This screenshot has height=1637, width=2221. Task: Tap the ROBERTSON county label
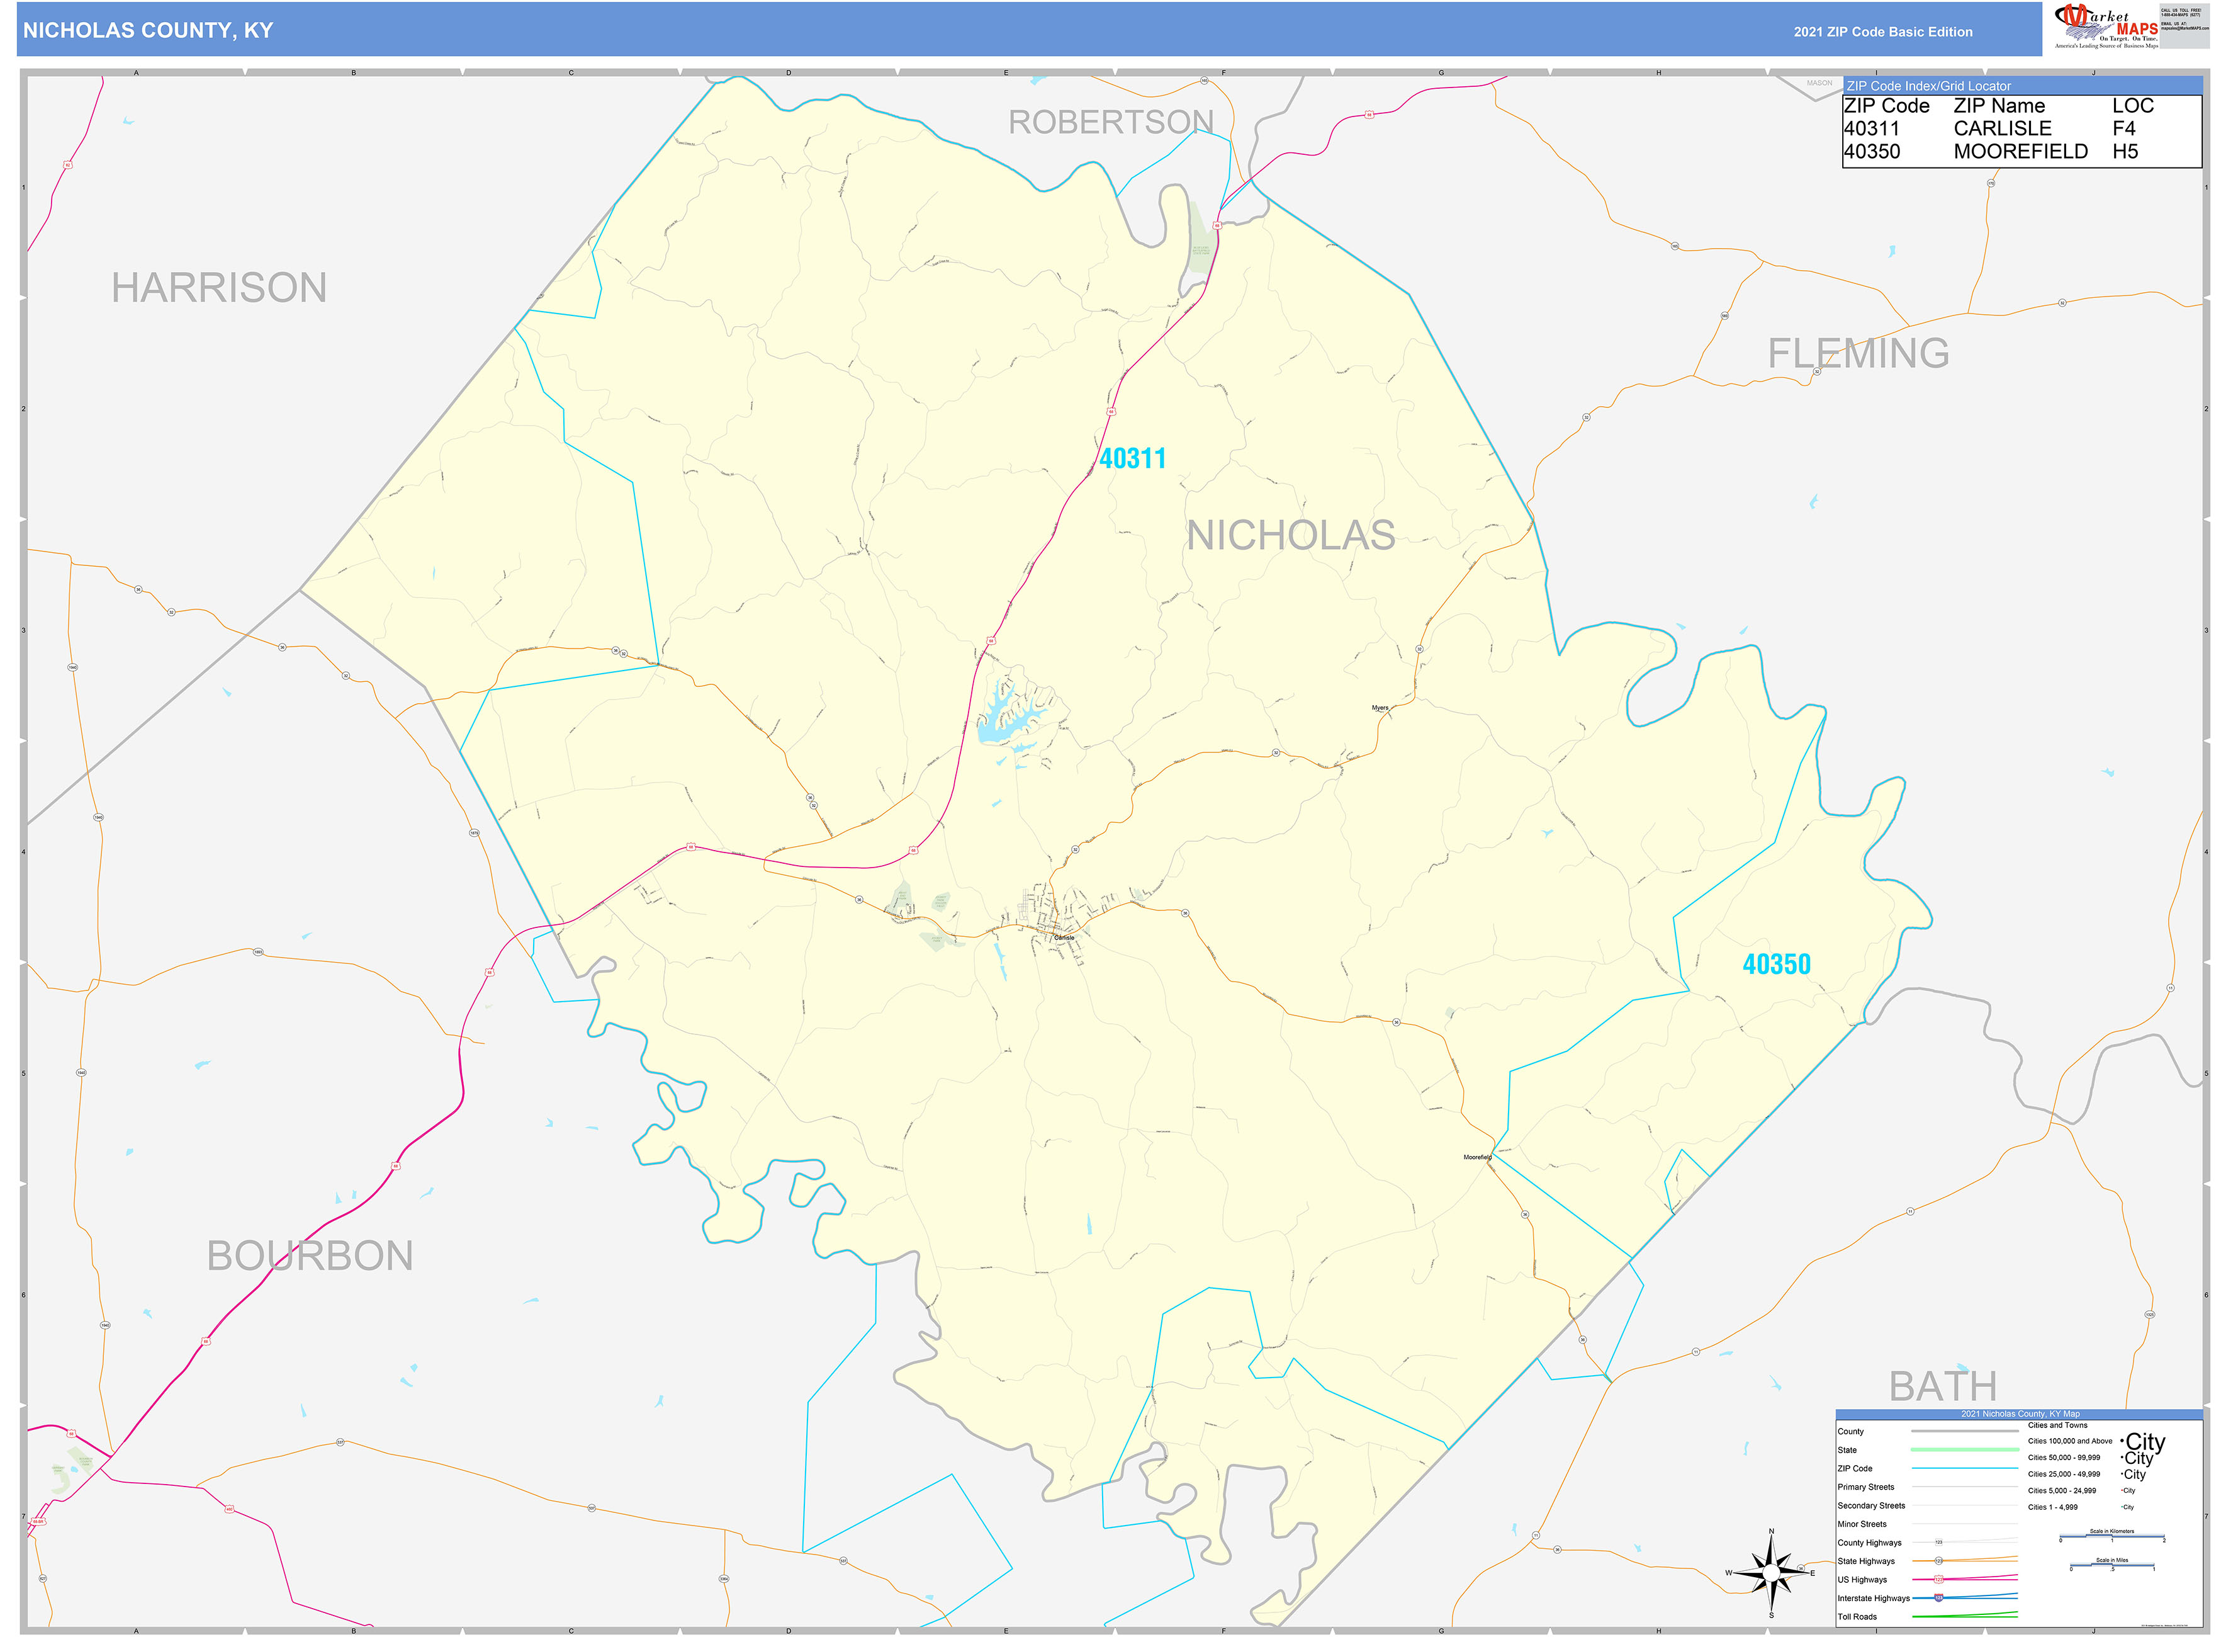(x=1110, y=122)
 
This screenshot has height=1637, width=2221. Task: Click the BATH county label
(x=1942, y=1385)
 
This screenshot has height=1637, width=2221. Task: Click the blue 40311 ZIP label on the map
(x=1132, y=459)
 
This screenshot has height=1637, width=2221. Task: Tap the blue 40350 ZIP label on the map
(x=1775, y=964)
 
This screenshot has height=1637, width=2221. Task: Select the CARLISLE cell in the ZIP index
(x=2001, y=129)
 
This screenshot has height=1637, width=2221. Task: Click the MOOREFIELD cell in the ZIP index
(x=2019, y=152)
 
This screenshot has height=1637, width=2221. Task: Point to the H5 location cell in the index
(x=2124, y=152)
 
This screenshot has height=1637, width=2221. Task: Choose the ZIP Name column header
(x=1998, y=106)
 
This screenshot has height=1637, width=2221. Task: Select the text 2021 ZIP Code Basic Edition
(x=1882, y=31)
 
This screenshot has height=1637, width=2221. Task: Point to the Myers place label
(x=1379, y=708)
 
